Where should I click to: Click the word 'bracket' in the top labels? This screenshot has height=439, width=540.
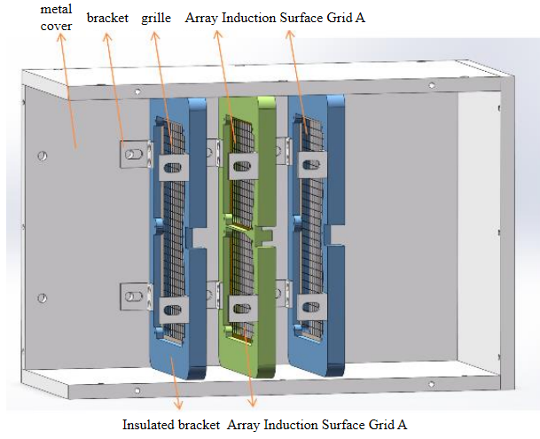coord(106,18)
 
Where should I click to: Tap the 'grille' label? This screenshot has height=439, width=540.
coord(156,18)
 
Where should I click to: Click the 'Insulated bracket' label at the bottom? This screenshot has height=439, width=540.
coord(171,424)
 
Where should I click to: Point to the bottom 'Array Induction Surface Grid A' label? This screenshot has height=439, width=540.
coord(317,424)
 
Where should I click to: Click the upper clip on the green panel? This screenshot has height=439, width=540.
coord(241,164)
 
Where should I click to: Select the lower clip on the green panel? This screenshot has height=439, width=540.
coord(242,306)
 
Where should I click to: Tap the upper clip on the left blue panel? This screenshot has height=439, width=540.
coord(174,166)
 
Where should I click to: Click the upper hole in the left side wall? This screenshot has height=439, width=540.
coord(42,156)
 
